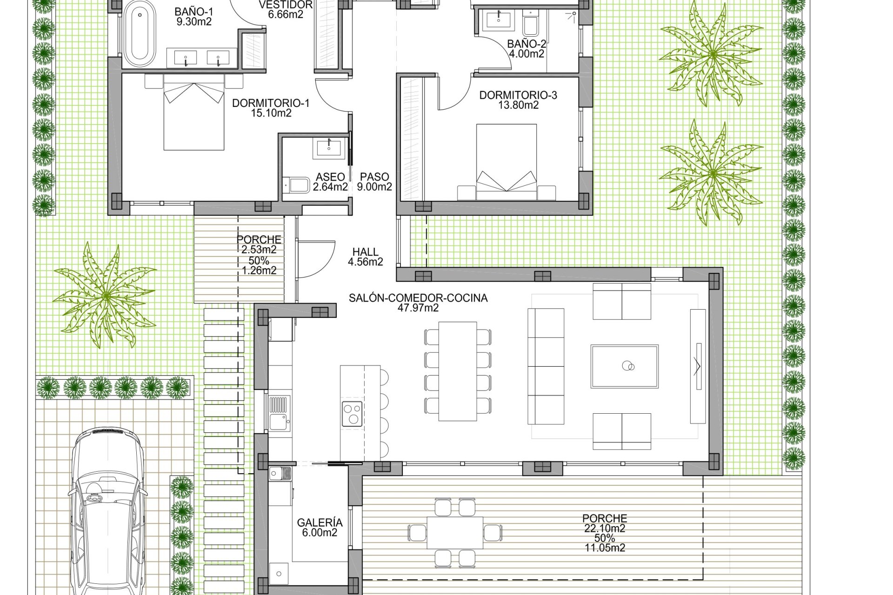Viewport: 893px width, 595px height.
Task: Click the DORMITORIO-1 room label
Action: point(271,103)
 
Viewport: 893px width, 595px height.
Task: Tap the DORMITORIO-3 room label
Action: point(518,95)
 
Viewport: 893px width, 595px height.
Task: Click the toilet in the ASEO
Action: point(296,185)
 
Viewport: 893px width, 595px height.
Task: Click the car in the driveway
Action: point(108,511)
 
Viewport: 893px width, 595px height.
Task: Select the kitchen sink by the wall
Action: point(280,413)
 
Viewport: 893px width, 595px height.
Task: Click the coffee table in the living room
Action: point(624,366)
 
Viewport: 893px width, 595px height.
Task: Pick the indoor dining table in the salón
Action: point(458,371)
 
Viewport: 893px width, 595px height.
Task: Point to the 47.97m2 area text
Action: point(418,308)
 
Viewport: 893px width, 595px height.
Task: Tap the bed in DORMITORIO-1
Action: point(194,112)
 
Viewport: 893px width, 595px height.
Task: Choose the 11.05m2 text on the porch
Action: point(605,548)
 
